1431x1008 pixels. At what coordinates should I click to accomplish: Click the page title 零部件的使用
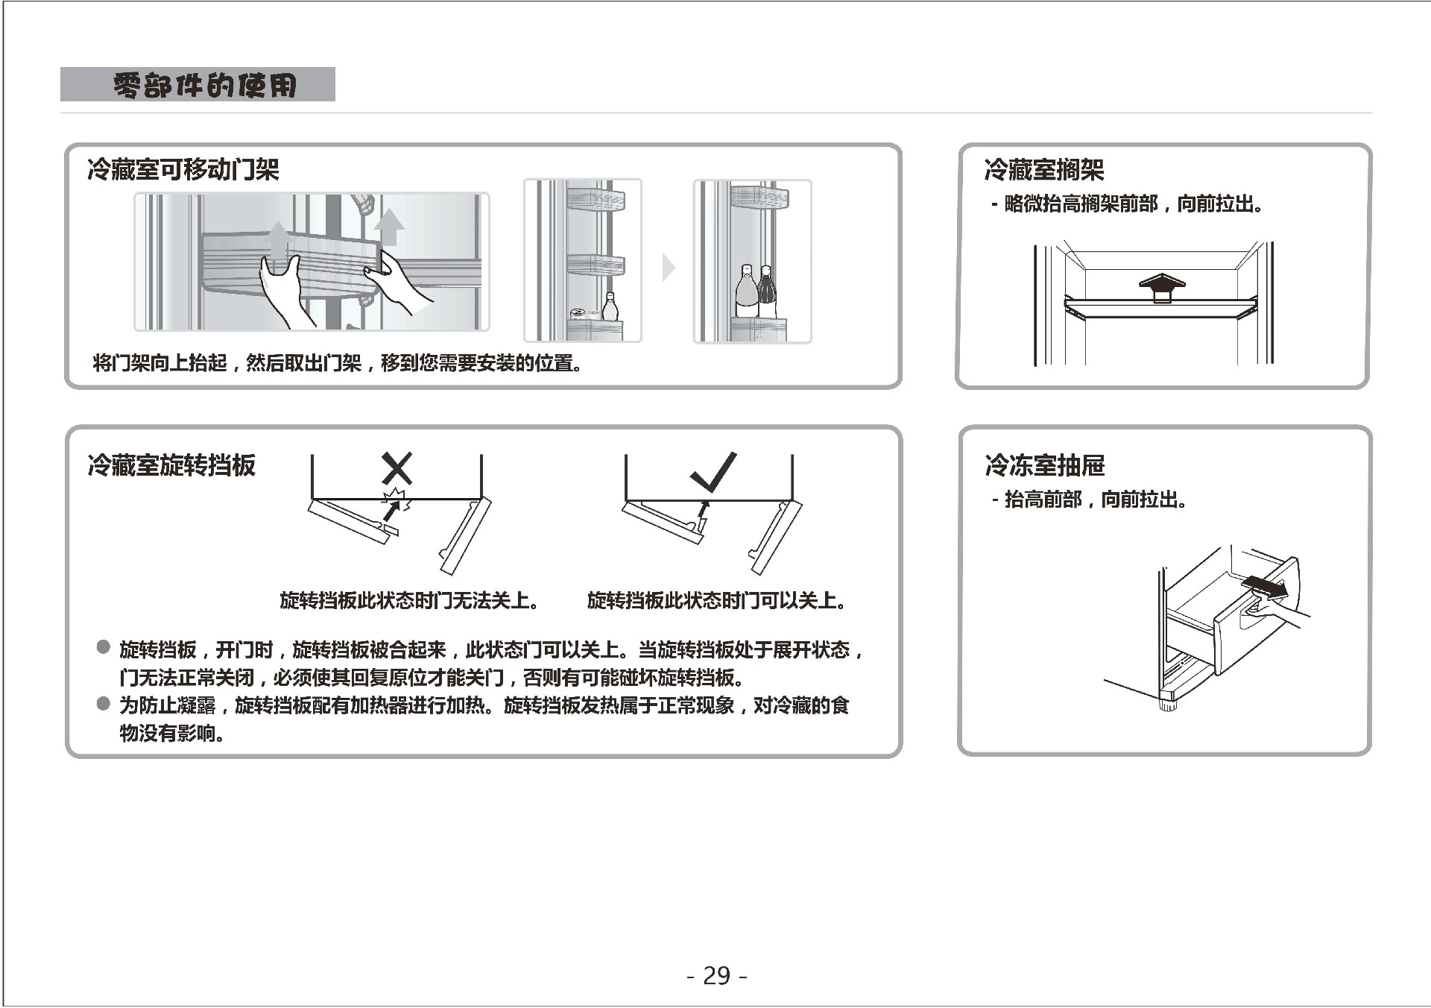(205, 85)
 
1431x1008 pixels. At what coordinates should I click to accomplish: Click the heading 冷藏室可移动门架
(183, 170)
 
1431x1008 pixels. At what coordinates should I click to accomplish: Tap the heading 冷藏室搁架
(1043, 170)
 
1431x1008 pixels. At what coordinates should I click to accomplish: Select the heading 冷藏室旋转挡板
(171, 465)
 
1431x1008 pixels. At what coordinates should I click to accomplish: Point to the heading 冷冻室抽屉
(1044, 465)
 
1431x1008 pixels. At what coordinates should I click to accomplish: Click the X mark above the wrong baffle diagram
(397, 469)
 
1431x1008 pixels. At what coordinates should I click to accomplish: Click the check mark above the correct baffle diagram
(713, 471)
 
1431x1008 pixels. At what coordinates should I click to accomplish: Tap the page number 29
(717, 976)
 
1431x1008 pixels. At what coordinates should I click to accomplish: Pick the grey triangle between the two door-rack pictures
(669, 267)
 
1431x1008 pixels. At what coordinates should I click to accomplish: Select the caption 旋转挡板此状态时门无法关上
(409, 601)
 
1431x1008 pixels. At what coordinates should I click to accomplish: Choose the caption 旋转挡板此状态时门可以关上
(716, 601)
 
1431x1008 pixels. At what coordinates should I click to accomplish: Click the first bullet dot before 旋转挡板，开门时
(104, 647)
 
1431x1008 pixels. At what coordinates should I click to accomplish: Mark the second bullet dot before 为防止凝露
(104, 703)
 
